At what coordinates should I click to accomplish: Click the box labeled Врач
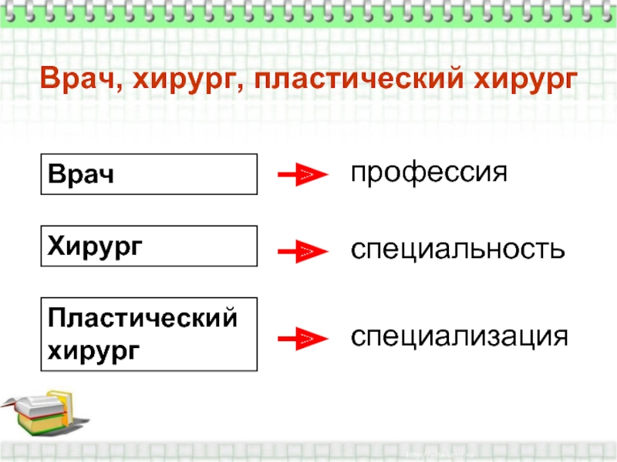[149, 173]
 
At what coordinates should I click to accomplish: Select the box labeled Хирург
[149, 246]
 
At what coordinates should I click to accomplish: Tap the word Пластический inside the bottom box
[142, 319]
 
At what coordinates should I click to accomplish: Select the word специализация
[460, 336]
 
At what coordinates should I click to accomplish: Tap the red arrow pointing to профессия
[299, 176]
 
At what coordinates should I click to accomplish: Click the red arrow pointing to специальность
[299, 251]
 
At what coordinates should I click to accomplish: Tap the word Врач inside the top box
[81, 174]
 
